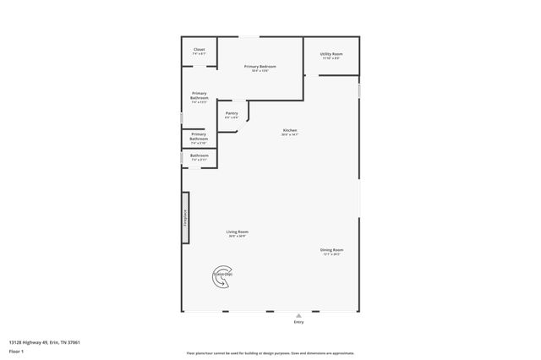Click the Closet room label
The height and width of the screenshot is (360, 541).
coord(199,49)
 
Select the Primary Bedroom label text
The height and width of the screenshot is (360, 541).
coord(260,66)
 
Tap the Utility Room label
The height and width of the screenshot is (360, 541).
coord(331,54)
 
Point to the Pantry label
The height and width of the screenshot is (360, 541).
coord(231,113)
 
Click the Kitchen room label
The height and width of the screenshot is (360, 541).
coord(290,130)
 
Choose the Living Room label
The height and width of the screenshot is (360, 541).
coord(237,232)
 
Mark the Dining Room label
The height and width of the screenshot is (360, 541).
coord(331,249)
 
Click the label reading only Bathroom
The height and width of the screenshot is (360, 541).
coord(199,155)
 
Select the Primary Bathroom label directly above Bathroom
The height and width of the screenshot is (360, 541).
coord(198,135)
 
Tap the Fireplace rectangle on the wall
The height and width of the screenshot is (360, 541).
coord(185,217)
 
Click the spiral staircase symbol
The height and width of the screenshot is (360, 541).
coord(222,276)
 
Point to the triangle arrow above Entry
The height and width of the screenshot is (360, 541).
coord(298,316)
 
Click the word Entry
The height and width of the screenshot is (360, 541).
coord(298,323)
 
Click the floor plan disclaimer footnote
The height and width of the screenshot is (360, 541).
coord(270,353)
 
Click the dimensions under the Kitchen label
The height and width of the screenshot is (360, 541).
coord(290,134)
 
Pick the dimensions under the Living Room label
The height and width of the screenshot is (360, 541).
coord(237,236)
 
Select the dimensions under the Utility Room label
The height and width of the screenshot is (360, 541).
coord(331,58)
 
